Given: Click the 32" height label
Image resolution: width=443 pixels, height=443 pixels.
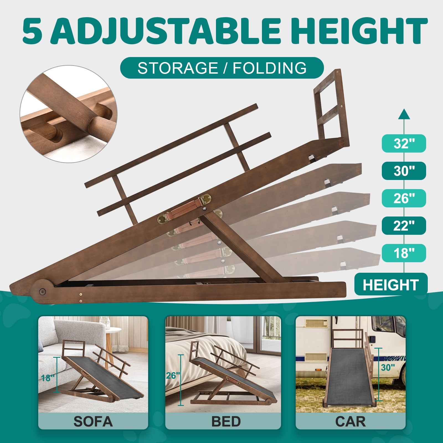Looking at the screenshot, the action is point(404,143).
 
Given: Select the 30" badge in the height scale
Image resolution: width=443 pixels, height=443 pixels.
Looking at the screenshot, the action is point(404,171).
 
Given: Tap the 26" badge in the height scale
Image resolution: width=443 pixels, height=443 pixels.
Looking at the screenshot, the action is point(404,198).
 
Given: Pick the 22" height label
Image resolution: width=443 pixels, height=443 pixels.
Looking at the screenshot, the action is point(404,226).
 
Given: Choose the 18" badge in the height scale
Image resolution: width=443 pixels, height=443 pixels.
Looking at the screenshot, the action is point(404,253).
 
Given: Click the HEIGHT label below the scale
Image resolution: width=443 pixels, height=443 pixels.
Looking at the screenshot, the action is point(391,285).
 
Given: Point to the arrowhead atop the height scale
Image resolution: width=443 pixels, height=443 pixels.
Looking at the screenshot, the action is point(404,114).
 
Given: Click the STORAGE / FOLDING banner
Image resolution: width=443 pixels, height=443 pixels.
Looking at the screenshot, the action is point(222,68).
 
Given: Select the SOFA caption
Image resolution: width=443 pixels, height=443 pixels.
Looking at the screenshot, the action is point(93,421).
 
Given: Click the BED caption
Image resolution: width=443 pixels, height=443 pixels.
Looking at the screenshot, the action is point(226,421).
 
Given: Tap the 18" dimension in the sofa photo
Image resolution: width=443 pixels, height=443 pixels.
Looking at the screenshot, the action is point(47,378).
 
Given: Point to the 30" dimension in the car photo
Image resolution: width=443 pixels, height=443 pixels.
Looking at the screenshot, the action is point(388,367).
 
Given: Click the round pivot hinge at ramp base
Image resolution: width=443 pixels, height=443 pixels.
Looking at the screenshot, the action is point(42,291).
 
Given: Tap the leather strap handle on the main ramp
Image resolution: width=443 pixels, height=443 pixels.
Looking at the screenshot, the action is point(184,208).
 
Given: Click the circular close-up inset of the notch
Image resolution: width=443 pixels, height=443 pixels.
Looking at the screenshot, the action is point(68,114).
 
